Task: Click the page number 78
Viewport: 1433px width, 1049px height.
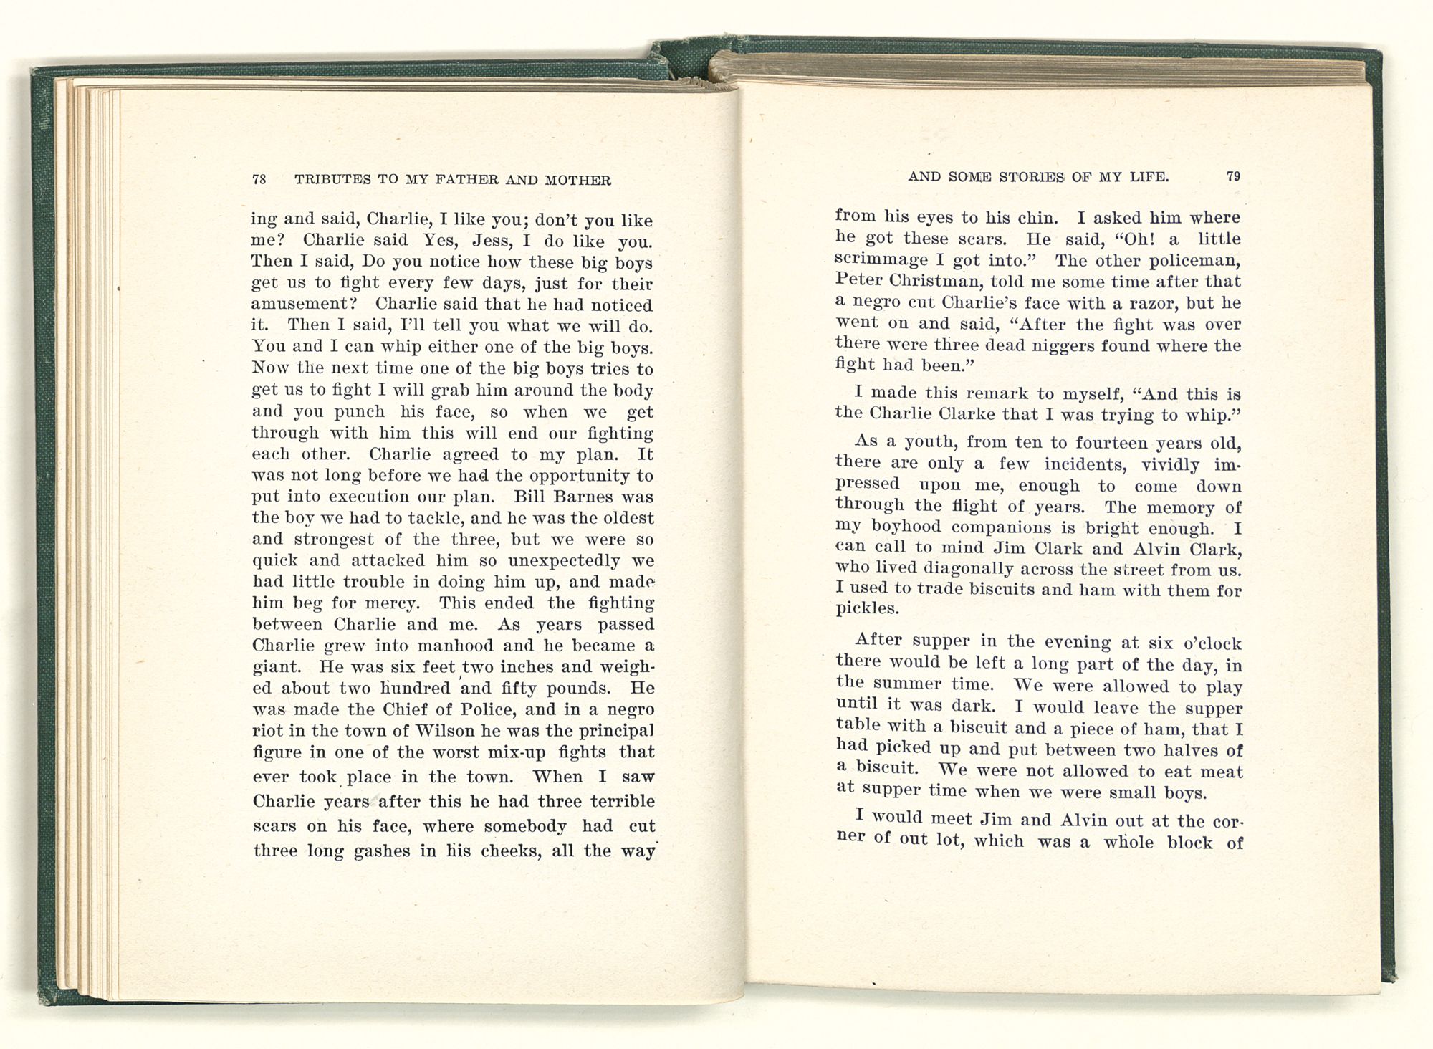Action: pyautogui.click(x=259, y=180)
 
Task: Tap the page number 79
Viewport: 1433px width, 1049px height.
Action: pyautogui.click(x=1233, y=176)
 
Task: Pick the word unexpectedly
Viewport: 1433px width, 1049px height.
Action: pyautogui.click(x=565, y=560)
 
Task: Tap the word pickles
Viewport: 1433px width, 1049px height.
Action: pyautogui.click(x=867, y=610)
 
